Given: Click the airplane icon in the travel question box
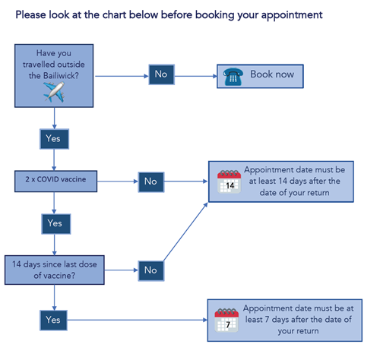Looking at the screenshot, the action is pyautogui.click(x=54, y=92).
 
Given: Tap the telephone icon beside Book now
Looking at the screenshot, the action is pyautogui.click(x=233, y=77).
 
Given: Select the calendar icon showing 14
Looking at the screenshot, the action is pyautogui.click(x=229, y=182).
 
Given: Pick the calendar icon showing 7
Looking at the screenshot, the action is pyautogui.click(x=226, y=321).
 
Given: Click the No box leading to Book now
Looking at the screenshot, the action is pyautogui.click(x=161, y=74).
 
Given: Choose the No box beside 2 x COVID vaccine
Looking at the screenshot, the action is pyautogui.click(x=151, y=182).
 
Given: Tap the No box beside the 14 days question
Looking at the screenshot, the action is pyautogui.click(x=151, y=270).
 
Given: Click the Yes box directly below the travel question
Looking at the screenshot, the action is pyautogui.click(x=54, y=139).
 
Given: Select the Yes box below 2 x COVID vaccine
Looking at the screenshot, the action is pyautogui.click(x=56, y=224).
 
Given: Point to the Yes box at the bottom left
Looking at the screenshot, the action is pyautogui.click(x=53, y=321).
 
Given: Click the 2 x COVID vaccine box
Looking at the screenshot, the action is pyautogui.click(x=55, y=182).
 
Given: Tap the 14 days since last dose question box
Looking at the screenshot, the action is pyautogui.click(x=55, y=270).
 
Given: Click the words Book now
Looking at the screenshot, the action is pyautogui.click(x=272, y=74).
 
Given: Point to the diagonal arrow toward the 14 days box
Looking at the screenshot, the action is pyautogui.click(x=185, y=232).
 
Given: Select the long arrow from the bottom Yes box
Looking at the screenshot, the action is pyautogui.click(x=138, y=320).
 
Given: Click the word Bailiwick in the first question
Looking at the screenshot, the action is pyautogui.click(x=61, y=75).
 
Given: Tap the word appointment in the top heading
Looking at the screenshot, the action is pyautogui.click(x=292, y=15).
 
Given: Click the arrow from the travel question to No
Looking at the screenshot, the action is pyautogui.click(x=122, y=76).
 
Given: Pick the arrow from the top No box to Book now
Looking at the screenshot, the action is pyautogui.click(x=196, y=76).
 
